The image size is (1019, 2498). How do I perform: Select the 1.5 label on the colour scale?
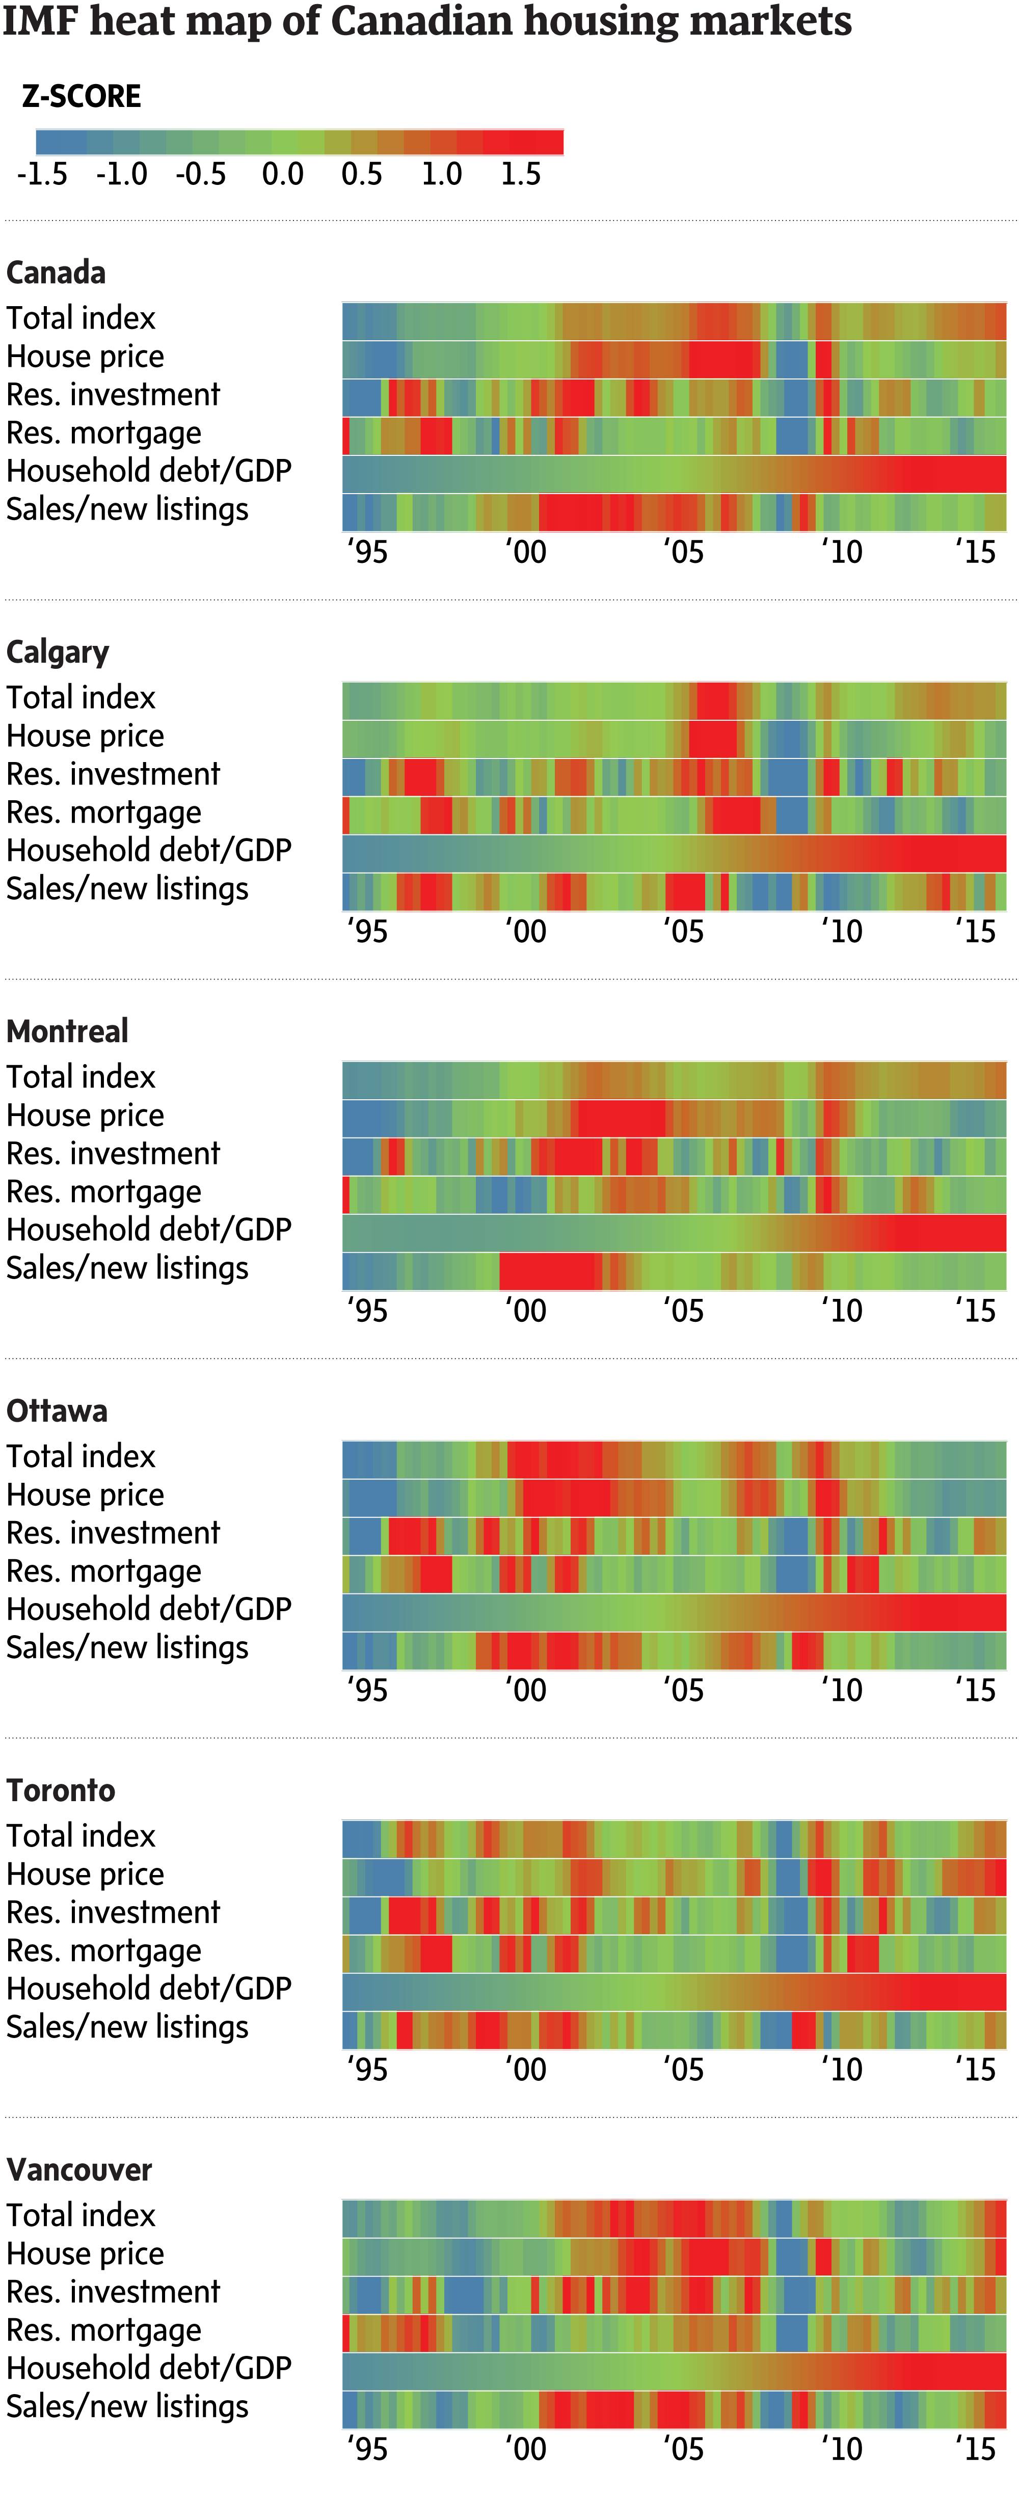tap(521, 175)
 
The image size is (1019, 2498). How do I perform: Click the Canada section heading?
tap(56, 273)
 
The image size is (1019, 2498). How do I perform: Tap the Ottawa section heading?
tap(57, 1411)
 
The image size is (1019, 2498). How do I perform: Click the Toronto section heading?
tap(61, 1790)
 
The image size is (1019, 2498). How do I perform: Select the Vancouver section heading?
tap(79, 2169)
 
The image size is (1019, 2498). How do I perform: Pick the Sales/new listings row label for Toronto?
tap(127, 2027)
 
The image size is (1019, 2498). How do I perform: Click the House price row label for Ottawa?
tap(85, 1495)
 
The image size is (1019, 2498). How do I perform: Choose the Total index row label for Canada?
tap(81, 318)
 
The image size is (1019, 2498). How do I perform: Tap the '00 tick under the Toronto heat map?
tap(525, 2070)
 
